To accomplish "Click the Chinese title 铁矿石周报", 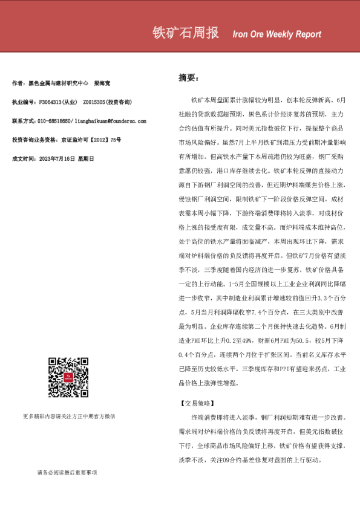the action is pos(186,33).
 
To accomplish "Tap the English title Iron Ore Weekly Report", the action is pos(277,34).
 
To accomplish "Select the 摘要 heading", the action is pos(188,77).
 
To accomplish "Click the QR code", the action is pos(68,378).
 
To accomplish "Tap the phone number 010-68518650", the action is pos(55,121).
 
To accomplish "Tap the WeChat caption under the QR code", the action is pos(68,416).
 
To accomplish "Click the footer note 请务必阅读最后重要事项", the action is pos(67,473).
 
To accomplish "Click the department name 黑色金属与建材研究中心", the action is pos(59,83).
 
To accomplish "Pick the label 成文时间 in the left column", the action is pos(23,158).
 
